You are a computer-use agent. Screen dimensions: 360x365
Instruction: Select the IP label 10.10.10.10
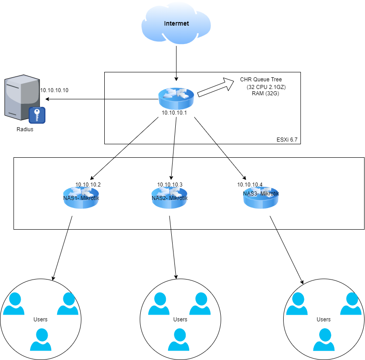(54, 90)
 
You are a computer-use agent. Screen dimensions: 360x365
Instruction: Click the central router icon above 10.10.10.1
(176, 98)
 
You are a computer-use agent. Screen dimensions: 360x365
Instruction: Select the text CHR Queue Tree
(261, 80)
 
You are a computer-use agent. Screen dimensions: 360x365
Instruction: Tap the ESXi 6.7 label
(287, 140)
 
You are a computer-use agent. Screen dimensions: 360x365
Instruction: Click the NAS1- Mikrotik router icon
(81, 198)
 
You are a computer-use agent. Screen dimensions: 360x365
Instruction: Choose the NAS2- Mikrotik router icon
(169, 198)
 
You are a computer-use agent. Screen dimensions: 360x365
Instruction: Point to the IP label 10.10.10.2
(88, 184)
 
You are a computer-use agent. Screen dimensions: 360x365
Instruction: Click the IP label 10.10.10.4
(250, 184)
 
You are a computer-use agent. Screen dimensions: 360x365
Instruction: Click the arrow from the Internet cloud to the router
(176, 61)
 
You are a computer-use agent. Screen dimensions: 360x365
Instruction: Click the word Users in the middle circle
(180, 320)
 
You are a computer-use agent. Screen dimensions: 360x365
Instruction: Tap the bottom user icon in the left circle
(41, 339)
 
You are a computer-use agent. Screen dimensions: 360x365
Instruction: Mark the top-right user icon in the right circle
(350, 304)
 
